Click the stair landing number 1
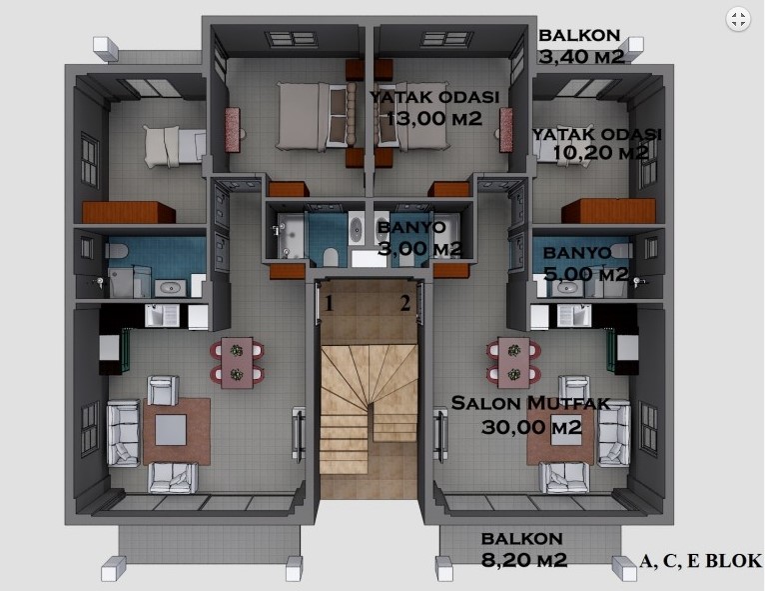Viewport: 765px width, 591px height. coord(330,304)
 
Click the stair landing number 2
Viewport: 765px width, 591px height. coord(405,303)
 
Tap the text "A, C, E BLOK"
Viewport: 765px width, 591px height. coord(700,561)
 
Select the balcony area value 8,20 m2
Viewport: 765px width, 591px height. coord(524,559)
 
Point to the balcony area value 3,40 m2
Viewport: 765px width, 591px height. coord(581,57)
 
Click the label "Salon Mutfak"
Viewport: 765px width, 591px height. coord(531,403)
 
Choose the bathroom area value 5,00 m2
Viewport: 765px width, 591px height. coord(586,274)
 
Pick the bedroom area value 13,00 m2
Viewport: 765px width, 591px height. coord(434,118)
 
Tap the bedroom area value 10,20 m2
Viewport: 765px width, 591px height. coord(600,152)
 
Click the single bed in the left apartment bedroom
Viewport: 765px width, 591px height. coord(175,146)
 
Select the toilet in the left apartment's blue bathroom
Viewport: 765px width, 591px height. coord(116,251)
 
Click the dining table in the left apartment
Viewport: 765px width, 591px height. coord(237,362)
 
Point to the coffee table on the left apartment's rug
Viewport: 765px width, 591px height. coord(171,430)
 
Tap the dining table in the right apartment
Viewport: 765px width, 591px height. coord(513,362)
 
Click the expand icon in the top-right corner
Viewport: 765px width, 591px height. coord(738,20)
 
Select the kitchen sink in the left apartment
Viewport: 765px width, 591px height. coord(161,316)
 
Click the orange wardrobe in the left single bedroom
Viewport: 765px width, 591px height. coord(128,212)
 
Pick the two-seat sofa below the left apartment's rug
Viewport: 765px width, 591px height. coord(173,477)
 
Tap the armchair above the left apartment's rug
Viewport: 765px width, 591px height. coord(163,390)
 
